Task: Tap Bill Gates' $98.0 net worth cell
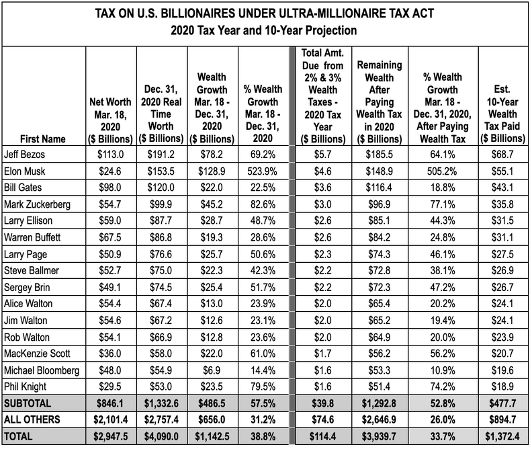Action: pyautogui.click(x=110, y=188)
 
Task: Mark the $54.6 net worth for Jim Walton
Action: pyautogui.click(x=110, y=319)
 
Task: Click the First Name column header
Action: pyautogui.click(x=43, y=139)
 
